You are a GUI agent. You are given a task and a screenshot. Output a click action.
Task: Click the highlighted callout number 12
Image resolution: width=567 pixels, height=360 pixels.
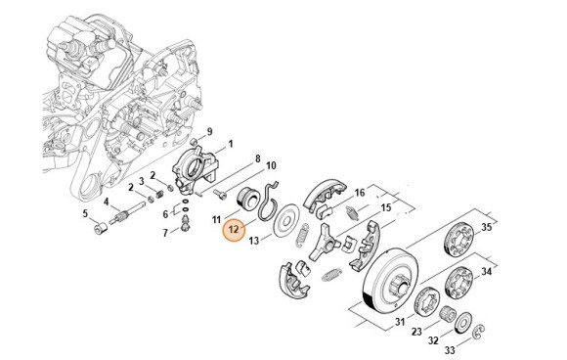point(233,232)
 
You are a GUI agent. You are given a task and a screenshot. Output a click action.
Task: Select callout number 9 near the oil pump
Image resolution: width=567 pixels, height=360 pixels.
point(209,132)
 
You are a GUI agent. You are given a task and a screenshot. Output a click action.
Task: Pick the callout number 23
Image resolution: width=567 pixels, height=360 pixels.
point(417,332)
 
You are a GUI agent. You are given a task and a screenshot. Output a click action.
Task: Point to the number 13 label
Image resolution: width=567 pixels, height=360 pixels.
point(253,240)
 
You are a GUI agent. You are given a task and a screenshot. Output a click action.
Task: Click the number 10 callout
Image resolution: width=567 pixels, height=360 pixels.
point(271,164)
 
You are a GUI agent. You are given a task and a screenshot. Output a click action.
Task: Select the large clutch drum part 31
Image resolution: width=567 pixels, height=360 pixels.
point(385,284)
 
